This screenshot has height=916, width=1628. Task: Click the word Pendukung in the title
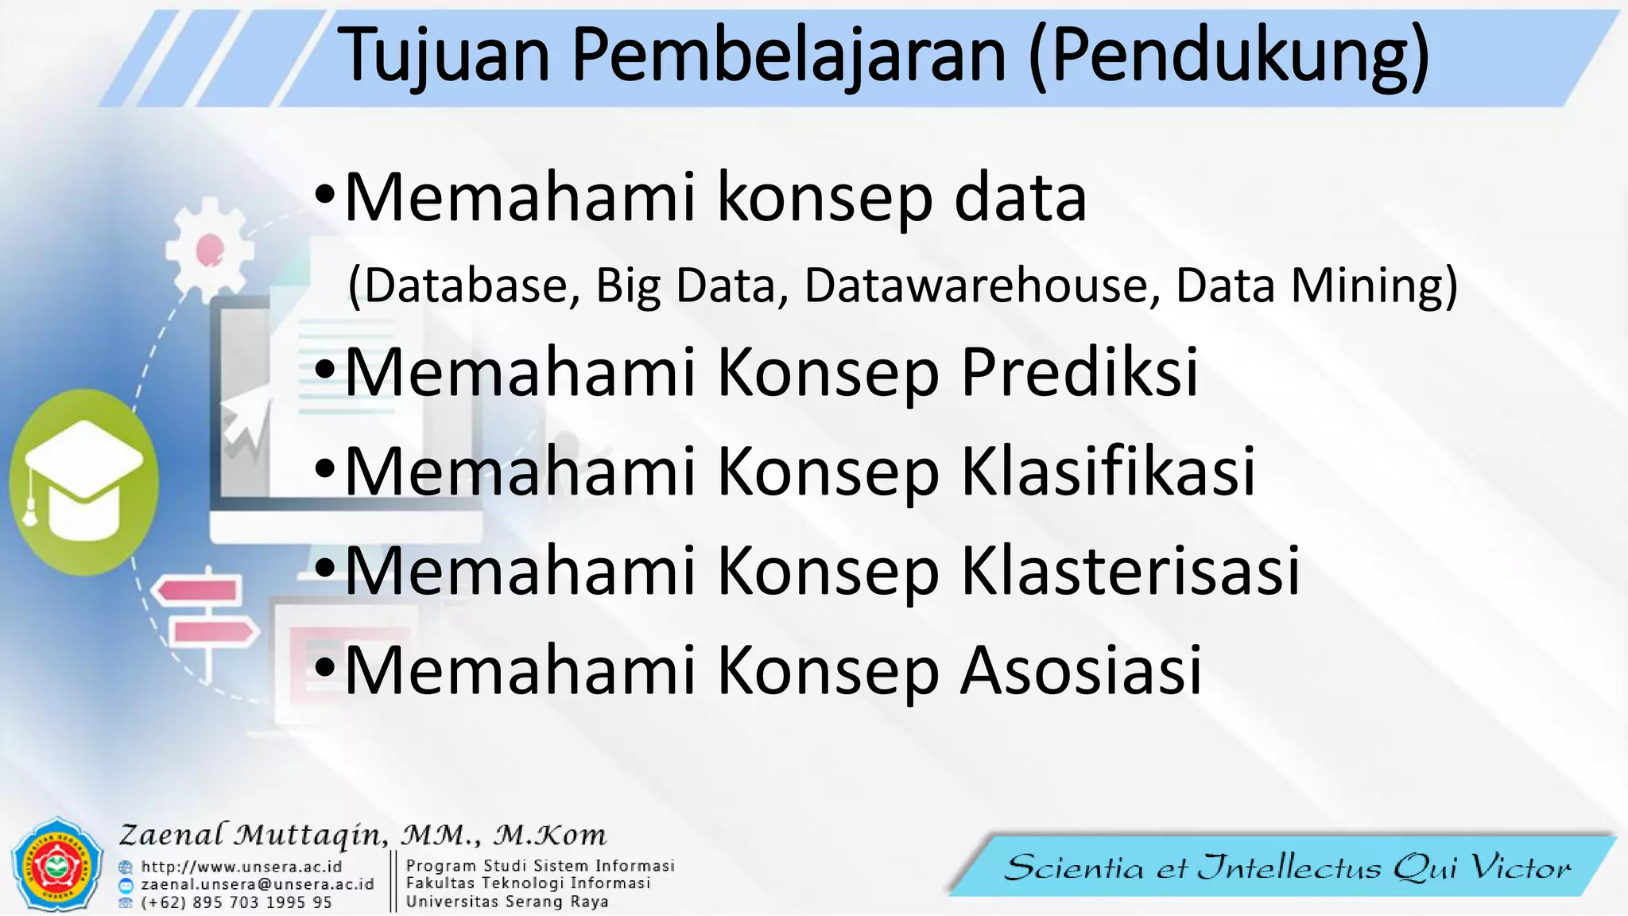[x=1229, y=56]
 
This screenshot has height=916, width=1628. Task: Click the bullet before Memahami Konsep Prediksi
[x=325, y=371]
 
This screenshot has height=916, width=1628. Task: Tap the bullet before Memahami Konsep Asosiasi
[x=325, y=669]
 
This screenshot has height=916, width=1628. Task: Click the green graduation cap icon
[x=83, y=482]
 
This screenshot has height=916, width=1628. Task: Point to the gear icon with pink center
[x=209, y=250]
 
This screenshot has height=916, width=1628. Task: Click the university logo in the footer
[x=56, y=865]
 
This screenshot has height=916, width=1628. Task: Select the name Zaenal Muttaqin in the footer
[x=253, y=835]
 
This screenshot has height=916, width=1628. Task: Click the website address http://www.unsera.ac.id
[x=242, y=867]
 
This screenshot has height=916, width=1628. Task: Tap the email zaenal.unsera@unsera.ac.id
[x=258, y=884]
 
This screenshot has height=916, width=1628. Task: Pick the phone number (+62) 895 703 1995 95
[x=236, y=902]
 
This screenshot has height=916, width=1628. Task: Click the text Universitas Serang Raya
[x=507, y=902]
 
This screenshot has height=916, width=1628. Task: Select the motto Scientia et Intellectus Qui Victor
[x=1287, y=867]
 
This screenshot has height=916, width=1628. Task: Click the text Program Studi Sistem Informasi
[x=541, y=865]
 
